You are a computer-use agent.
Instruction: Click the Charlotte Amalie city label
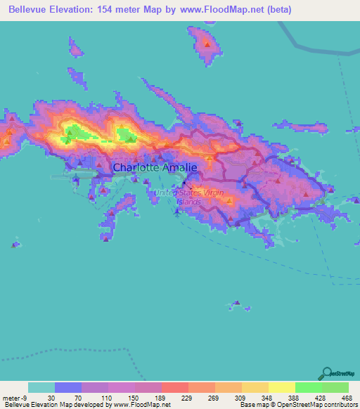155,168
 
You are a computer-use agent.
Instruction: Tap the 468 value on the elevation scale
345,397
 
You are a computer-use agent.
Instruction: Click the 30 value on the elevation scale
51,397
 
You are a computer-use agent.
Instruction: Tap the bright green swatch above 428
309,387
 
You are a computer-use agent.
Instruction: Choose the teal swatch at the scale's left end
41,387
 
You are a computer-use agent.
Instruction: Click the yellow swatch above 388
282,387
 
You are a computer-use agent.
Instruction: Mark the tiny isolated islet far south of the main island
238,306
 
